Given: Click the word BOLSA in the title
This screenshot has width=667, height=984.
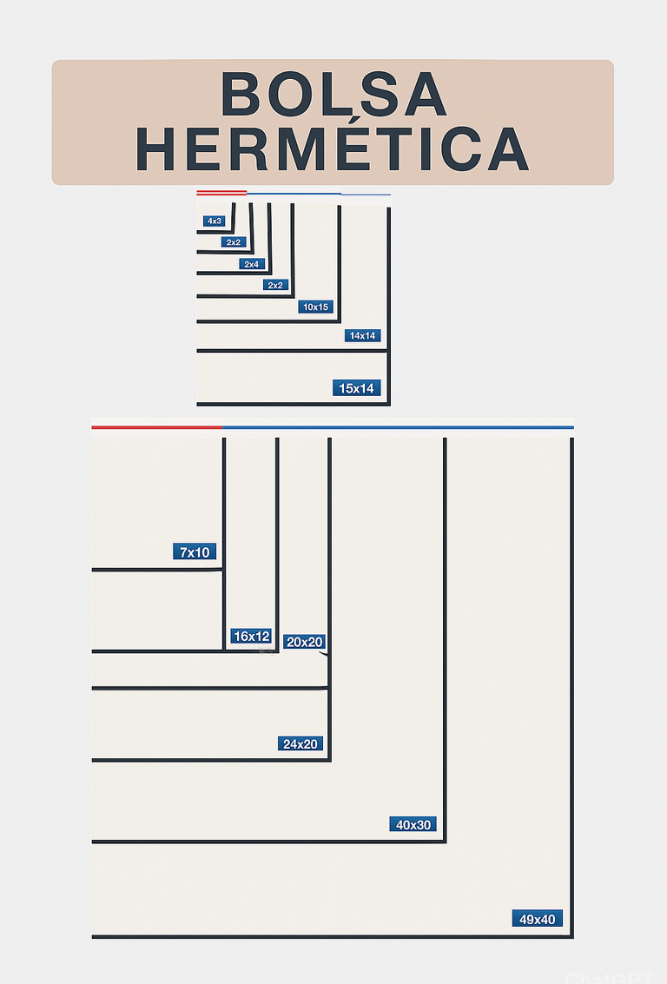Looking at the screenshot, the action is click(334, 95).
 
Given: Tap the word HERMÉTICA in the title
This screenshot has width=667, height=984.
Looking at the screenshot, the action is click(333, 149).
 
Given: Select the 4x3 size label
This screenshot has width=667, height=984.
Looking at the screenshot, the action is click(215, 221).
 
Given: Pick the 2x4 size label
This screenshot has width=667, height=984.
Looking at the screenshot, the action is click(252, 264).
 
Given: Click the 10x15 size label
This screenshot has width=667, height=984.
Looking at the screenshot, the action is click(315, 307).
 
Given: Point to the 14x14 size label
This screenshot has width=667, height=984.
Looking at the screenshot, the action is click(364, 336).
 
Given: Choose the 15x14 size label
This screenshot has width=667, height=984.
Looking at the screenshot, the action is click(357, 388).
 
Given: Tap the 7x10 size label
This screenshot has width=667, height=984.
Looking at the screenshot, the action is click(195, 552).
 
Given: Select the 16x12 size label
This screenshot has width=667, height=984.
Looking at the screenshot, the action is click(251, 637).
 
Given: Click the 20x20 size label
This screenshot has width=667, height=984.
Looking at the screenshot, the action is click(304, 643).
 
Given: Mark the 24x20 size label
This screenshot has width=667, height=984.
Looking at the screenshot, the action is click(300, 744).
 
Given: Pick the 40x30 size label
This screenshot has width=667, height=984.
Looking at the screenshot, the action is click(413, 825).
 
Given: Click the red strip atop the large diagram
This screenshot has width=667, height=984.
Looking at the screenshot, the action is click(156, 427).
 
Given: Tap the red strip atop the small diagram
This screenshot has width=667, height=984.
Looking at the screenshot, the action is click(221, 191).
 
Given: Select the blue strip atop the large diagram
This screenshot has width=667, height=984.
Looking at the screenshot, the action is click(398, 427).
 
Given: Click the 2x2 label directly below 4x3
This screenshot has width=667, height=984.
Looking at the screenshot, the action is click(233, 242).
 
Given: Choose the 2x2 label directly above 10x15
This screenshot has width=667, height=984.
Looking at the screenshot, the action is click(275, 285).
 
